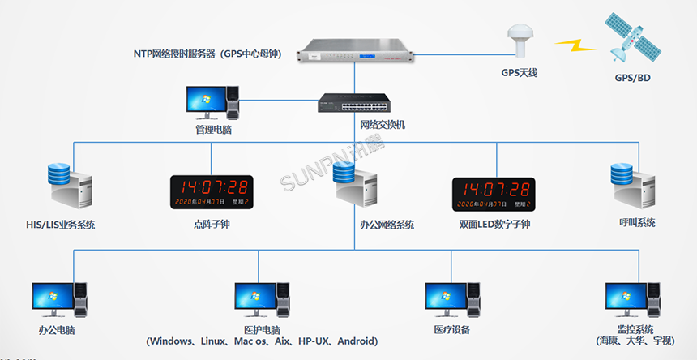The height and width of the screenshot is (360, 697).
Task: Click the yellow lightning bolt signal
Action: click(x=578, y=45)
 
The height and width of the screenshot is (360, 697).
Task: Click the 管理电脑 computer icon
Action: click(x=213, y=103)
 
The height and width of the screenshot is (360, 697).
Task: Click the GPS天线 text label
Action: click(x=520, y=73)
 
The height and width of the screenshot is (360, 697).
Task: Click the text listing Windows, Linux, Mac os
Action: click(x=262, y=341)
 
